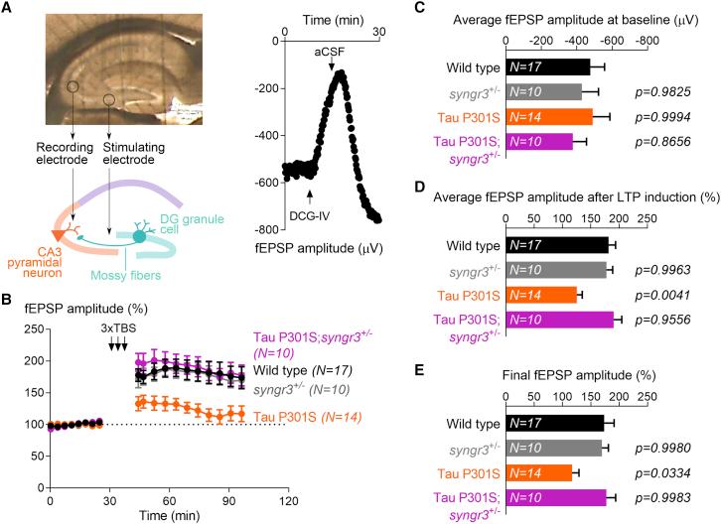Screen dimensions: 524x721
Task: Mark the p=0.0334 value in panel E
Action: tap(662, 472)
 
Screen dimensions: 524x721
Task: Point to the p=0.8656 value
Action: tap(662, 142)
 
